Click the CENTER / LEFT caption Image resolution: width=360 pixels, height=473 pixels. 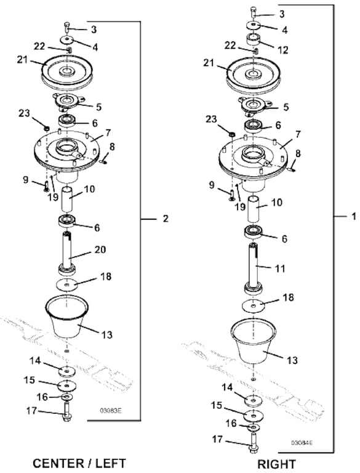79,463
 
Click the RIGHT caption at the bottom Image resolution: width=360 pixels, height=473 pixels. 277,464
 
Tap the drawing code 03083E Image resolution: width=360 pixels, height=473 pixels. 111,411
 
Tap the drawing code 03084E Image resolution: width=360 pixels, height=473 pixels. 302,443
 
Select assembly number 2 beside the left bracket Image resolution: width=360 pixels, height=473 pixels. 166,219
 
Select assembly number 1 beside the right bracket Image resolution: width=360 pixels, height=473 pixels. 354,216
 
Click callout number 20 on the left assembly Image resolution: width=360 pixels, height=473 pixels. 100,249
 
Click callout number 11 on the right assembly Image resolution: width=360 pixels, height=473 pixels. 281,268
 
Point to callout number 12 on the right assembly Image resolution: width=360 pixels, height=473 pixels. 282,50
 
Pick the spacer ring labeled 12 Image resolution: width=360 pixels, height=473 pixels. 254,39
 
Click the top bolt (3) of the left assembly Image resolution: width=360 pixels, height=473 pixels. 66,27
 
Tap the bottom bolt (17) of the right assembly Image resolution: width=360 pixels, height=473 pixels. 253,443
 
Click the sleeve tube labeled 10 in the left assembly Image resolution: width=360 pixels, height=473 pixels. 67,200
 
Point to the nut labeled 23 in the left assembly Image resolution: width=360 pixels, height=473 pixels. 47,129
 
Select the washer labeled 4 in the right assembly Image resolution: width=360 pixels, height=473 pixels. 254,25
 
